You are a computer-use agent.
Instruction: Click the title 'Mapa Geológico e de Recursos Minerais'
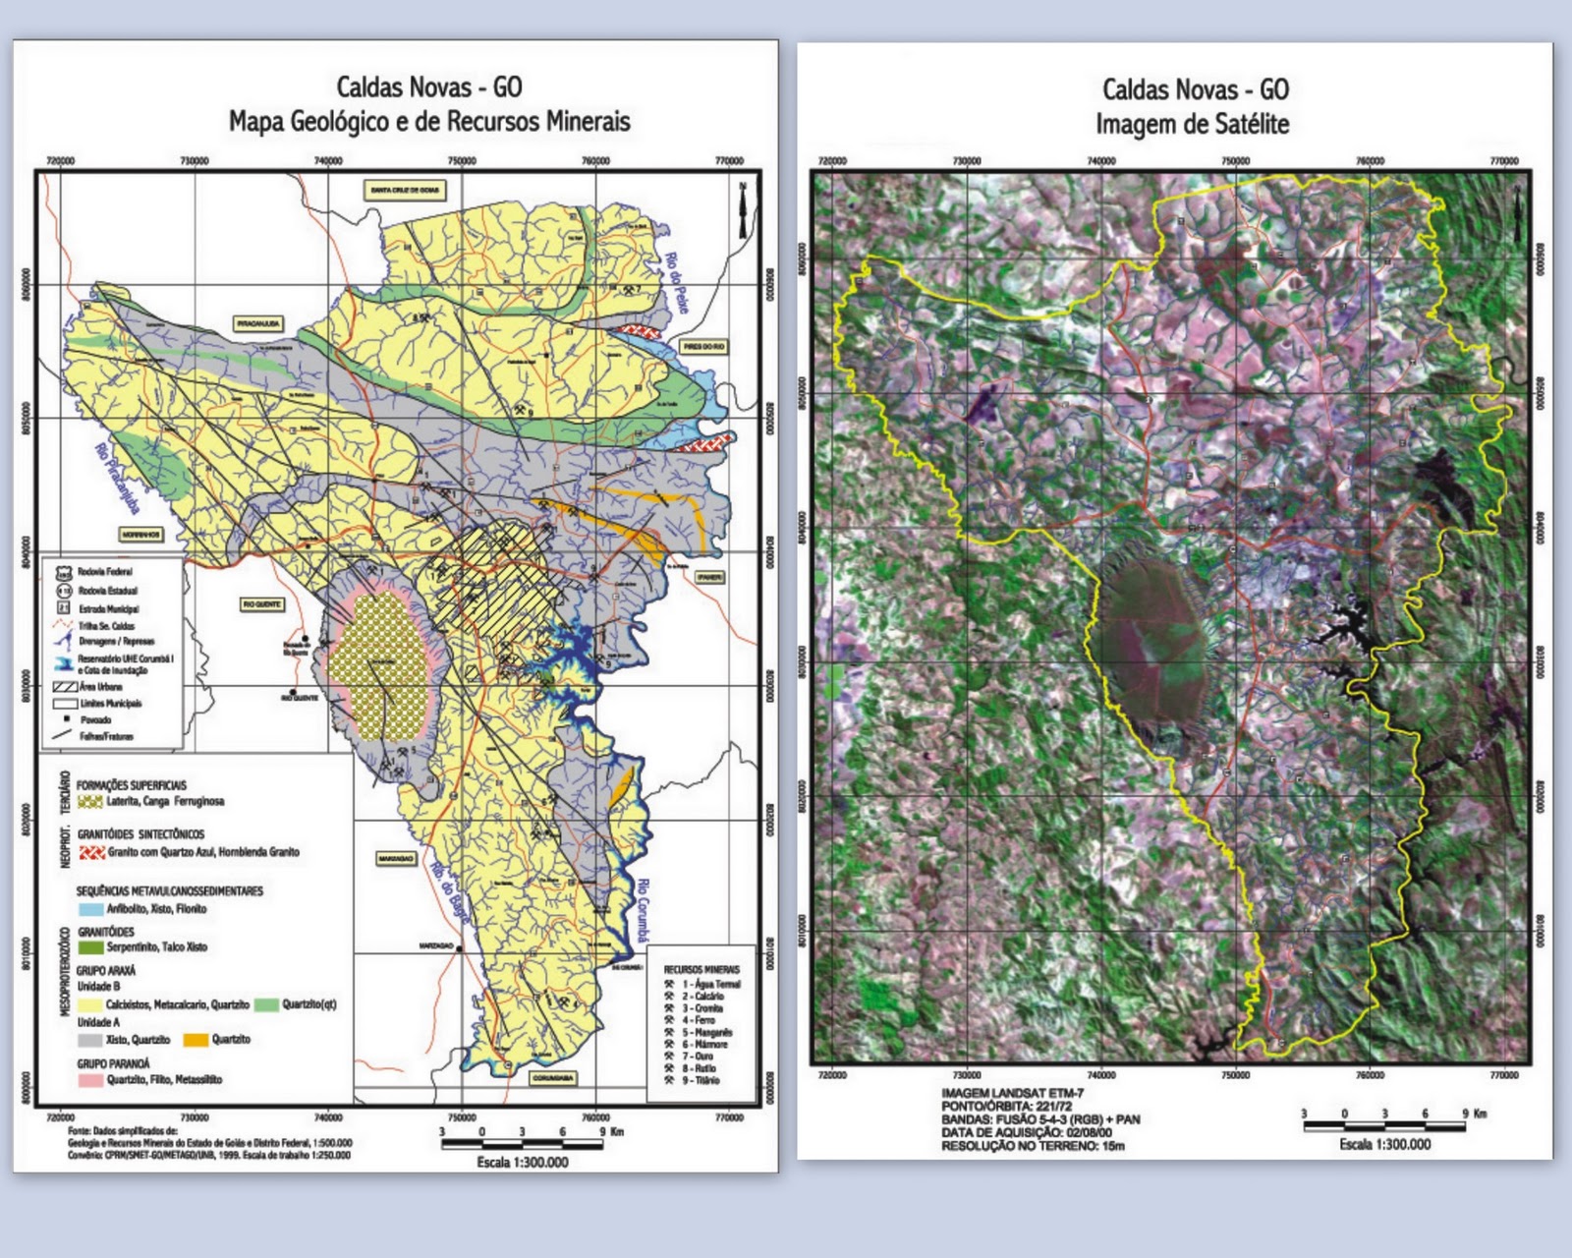point(429,122)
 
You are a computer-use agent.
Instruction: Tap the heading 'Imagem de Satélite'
point(1192,125)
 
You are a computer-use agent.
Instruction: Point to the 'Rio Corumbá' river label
point(643,910)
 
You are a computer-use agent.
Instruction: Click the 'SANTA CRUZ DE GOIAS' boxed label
point(405,190)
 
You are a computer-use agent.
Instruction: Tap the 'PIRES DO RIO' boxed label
point(704,347)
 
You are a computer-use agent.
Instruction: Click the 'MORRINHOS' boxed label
point(141,535)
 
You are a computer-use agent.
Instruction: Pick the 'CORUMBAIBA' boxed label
point(553,1078)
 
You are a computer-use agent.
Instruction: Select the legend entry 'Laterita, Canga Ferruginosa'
point(165,801)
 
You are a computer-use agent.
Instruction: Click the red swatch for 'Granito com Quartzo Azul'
point(91,852)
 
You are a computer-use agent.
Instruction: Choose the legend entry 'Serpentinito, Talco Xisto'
point(156,947)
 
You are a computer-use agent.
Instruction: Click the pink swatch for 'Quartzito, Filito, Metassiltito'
point(90,1080)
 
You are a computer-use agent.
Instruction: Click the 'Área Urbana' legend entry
point(101,687)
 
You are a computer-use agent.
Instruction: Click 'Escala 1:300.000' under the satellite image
point(1384,1144)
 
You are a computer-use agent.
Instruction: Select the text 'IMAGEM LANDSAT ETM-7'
point(1012,1093)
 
